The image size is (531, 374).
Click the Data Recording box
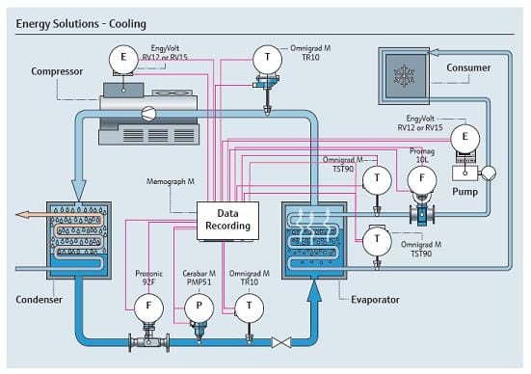(x=227, y=221)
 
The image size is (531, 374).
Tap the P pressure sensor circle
(x=199, y=307)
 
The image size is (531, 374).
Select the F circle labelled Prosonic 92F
(x=148, y=307)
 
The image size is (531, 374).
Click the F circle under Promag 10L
(x=421, y=179)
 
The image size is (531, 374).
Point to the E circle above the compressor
(x=123, y=59)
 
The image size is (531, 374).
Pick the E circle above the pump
(x=465, y=138)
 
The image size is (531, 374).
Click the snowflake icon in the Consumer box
(x=404, y=76)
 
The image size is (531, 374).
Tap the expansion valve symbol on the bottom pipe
(x=281, y=342)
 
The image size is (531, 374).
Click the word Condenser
(x=39, y=300)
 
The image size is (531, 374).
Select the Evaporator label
(x=375, y=300)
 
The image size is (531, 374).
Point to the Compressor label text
(x=57, y=71)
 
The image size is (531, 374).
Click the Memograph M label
(x=171, y=181)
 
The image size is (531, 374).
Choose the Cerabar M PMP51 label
(x=199, y=278)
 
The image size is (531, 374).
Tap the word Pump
(x=465, y=192)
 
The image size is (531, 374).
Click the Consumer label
(x=468, y=67)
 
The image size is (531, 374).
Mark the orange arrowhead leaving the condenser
(x=22, y=215)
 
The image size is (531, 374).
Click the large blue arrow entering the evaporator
(x=314, y=292)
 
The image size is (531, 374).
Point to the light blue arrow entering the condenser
(x=79, y=191)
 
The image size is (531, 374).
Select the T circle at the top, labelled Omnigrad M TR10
(x=267, y=59)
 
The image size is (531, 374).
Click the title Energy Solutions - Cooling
(x=81, y=24)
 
